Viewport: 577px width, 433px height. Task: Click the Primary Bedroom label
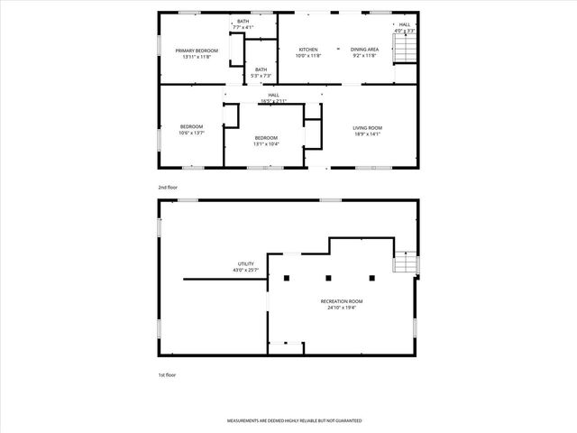[197, 54]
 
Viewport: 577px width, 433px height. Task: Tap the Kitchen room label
[308, 52]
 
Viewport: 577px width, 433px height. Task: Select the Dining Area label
[364, 52]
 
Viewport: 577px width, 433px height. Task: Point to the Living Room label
[367, 132]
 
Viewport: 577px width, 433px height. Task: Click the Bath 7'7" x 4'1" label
[243, 24]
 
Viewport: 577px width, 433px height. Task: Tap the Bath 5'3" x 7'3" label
[261, 72]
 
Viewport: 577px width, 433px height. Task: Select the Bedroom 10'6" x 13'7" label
[191, 130]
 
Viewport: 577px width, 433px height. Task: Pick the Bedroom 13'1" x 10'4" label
[266, 141]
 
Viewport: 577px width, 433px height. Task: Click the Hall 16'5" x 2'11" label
[273, 97]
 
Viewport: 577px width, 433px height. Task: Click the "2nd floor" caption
[168, 187]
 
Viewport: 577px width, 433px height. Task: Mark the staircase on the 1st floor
[404, 263]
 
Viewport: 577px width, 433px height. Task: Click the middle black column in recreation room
[328, 278]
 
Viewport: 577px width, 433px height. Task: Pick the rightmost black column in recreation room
[371, 278]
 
